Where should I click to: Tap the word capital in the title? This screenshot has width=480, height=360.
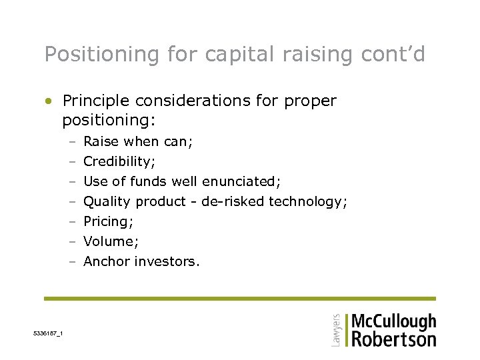point(231,55)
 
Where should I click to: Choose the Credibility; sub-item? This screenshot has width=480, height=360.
point(119,161)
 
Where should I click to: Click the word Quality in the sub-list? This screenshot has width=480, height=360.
point(107,201)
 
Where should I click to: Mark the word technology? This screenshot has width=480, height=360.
point(307,202)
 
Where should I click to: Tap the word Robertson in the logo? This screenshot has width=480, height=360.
point(393,339)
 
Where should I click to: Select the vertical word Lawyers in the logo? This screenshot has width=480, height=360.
point(336,330)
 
